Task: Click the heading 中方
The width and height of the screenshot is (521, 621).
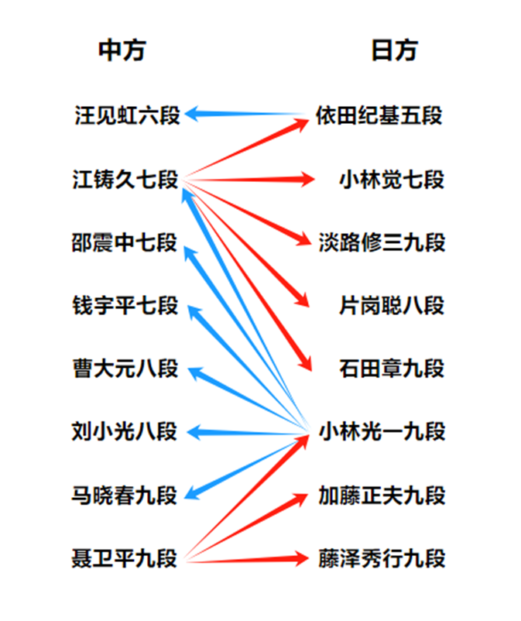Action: [x=122, y=50]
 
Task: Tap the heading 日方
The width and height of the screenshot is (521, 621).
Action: [x=395, y=50]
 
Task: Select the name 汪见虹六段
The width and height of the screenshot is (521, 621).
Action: [x=128, y=115]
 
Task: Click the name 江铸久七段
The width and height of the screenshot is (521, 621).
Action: [x=125, y=179]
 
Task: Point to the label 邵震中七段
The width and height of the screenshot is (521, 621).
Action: [x=125, y=242]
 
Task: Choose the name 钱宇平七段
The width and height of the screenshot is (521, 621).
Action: [x=125, y=305]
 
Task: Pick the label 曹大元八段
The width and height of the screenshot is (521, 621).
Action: [x=125, y=369]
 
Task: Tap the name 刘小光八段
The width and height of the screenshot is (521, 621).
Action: [x=125, y=431]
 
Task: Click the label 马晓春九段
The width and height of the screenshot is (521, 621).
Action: [x=125, y=495]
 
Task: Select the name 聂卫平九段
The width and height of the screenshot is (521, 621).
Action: [x=125, y=558]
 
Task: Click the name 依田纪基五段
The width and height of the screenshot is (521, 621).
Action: [x=379, y=115]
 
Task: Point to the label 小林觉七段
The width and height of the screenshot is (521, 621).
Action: [x=392, y=179]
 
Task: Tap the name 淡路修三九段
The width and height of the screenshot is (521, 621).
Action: [x=382, y=242]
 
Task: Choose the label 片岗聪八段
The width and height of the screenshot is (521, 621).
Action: [x=392, y=305]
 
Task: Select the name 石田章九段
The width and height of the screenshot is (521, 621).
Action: [x=392, y=369]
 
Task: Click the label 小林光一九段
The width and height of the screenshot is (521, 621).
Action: [x=382, y=431]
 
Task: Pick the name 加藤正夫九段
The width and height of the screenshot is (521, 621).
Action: [x=382, y=495]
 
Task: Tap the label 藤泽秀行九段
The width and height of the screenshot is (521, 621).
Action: [x=382, y=558]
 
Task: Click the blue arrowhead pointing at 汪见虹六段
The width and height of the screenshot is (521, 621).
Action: [x=193, y=114]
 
